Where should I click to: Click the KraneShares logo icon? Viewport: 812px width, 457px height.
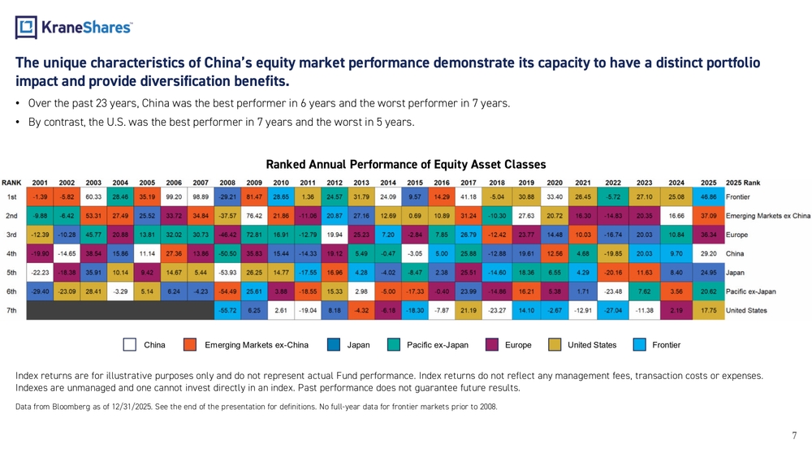[27, 28]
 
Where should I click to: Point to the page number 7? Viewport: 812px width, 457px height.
[794, 436]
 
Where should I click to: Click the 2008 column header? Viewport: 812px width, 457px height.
[227, 182]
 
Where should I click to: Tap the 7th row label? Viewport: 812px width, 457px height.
[12, 309]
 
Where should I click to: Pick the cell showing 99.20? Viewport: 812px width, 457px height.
[174, 196]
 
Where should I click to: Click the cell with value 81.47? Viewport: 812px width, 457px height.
[254, 196]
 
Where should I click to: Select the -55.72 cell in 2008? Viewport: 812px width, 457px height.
[227, 309]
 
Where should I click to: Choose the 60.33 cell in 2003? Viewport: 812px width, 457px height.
[93, 196]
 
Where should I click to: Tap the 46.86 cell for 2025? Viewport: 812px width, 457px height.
[709, 196]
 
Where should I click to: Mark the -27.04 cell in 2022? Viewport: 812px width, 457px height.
[613, 309]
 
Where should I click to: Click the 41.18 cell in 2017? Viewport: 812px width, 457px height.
[469, 196]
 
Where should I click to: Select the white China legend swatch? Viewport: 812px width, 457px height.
[130, 345]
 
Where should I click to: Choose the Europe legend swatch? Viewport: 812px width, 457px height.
[491, 345]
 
